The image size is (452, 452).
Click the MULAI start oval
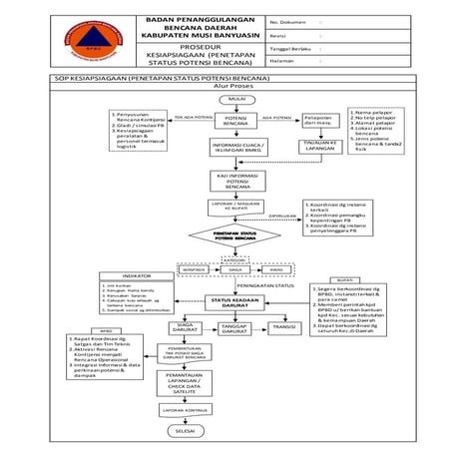(x=238, y=99)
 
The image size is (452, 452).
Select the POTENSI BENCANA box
(x=237, y=122)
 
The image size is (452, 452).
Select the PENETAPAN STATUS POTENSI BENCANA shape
(x=237, y=236)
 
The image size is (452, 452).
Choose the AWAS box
(x=276, y=269)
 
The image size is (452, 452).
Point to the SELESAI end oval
(x=185, y=430)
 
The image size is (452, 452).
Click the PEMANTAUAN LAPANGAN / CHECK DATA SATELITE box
(x=185, y=385)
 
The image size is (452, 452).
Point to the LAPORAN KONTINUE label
(x=185, y=409)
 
